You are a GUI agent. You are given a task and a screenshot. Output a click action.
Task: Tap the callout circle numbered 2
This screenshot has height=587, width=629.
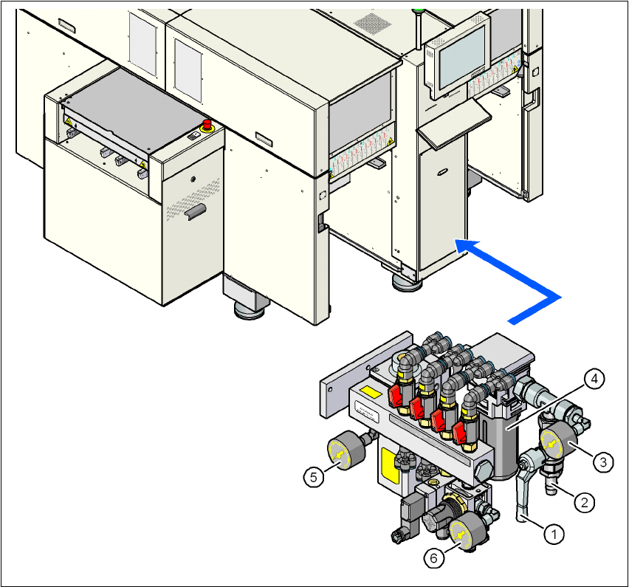click(584, 502)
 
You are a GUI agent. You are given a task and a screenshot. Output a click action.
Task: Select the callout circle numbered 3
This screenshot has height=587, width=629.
click(604, 461)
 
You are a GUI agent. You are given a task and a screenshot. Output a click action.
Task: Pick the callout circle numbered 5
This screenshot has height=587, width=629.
click(314, 477)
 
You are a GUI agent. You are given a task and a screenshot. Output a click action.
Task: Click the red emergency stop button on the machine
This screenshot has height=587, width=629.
click(207, 123)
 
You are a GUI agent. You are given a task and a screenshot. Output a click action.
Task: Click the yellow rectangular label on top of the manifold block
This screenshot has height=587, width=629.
click(373, 394)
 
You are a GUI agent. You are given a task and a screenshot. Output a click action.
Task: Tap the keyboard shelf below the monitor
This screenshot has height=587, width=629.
click(452, 119)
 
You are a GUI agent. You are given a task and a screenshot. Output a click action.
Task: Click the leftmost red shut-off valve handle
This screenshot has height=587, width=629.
click(396, 396)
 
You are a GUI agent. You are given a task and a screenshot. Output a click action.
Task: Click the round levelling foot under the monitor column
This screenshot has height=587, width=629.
click(408, 281)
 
